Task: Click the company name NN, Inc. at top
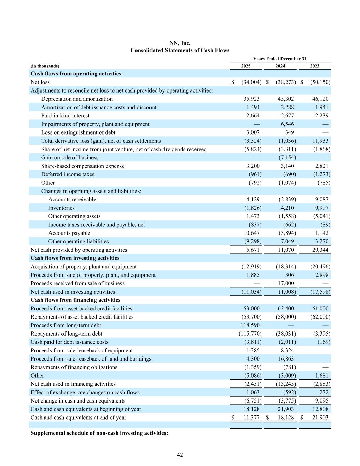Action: tap(180, 43)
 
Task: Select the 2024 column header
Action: tap(280, 66)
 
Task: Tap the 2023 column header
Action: tap(315, 66)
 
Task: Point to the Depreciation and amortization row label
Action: tap(77, 99)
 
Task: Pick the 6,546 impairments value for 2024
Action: tap(287, 124)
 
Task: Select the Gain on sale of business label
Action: tap(70, 158)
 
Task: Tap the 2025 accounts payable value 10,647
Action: tap(253, 233)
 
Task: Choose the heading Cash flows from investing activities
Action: tap(75, 258)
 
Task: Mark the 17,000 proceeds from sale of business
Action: tap(286, 283)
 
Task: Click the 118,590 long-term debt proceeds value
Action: tap(250, 325)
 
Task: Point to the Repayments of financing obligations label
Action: tap(74, 367)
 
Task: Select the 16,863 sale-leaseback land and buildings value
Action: tap(286, 359)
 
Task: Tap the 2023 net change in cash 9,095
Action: tap(321, 401)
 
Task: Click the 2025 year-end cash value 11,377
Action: tap(251, 418)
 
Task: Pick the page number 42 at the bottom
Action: tap(180, 455)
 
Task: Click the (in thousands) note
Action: tap(45, 66)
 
